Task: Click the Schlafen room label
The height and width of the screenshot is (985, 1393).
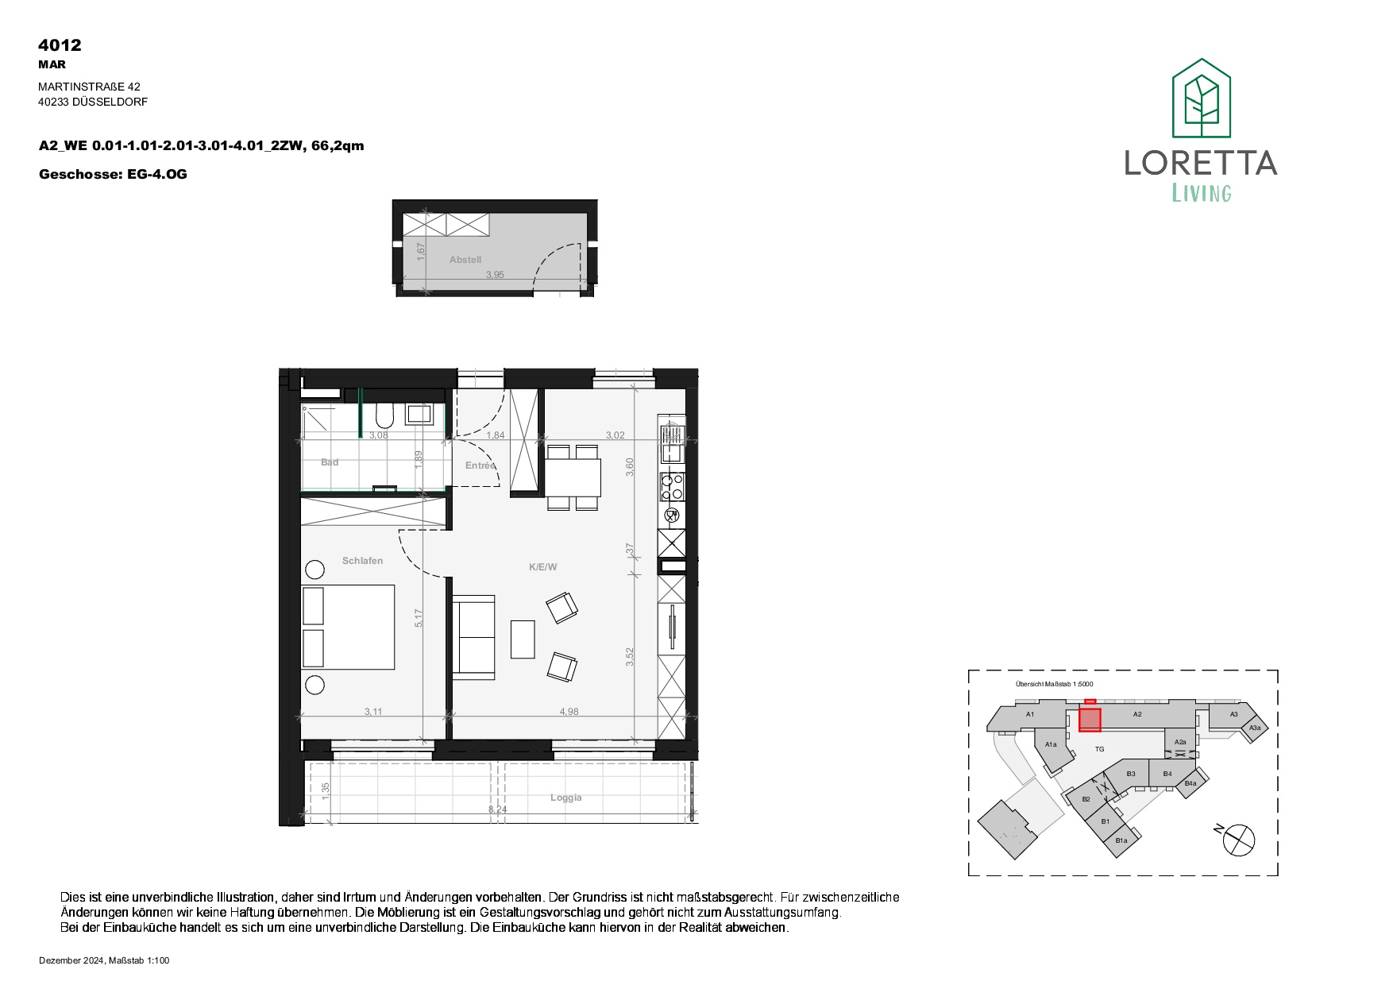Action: tap(362, 561)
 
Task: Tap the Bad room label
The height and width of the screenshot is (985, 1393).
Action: tap(330, 462)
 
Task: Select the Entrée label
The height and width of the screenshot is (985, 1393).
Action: tap(480, 465)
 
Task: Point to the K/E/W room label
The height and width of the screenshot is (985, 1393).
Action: tap(543, 567)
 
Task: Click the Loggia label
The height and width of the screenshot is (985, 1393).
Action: tap(566, 798)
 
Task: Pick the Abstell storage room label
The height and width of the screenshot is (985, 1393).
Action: tap(465, 260)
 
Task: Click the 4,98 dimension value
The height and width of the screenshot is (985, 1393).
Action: tap(569, 712)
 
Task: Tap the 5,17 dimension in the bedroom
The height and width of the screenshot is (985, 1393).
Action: tap(419, 618)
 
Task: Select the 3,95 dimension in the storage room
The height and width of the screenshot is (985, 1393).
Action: tap(495, 275)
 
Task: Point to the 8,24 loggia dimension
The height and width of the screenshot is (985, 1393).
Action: tap(497, 809)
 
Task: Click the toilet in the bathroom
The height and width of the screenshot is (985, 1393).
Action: tap(384, 415)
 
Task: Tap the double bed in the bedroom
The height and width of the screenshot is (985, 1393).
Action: tap(348, 628)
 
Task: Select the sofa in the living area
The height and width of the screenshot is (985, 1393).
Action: tap(473, 637)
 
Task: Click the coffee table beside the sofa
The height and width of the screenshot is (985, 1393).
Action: tap(523, 639)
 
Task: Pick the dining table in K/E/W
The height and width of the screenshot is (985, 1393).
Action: tap(573, 477)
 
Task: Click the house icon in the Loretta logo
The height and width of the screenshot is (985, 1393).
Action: tap(1202, 98)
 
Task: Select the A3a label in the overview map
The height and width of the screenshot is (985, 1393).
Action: tap(1255, 728)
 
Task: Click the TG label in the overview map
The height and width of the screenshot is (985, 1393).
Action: tap(1100, 749)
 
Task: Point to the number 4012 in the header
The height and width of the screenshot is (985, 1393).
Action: tap(60, 45)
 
